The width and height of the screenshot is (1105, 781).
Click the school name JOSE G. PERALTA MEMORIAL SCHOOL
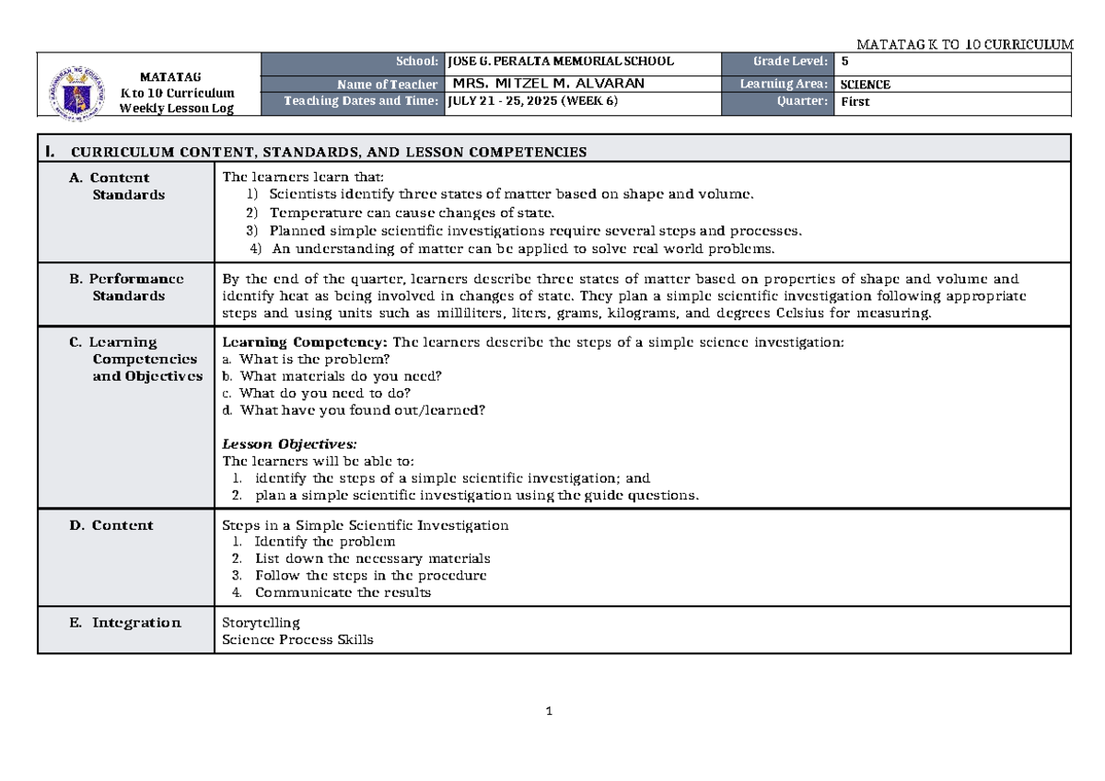coord(560,62)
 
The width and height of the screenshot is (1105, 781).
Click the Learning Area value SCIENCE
coord(865,84)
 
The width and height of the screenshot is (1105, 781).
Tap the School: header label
coord(417,62)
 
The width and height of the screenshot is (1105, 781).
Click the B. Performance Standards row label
coord(127,287)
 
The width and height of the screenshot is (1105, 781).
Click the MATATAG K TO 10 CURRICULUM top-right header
coord(964,44)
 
